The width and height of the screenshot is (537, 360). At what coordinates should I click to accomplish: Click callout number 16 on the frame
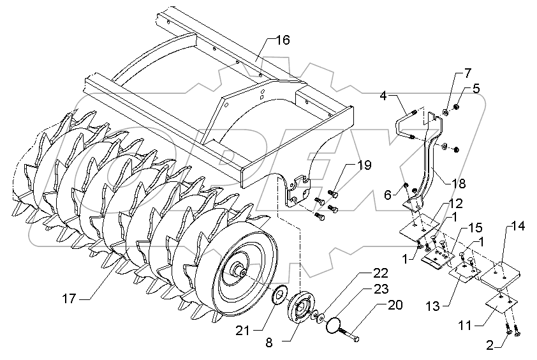pos(283,40)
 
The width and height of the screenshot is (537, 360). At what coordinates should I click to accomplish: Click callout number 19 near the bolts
pos(363,166)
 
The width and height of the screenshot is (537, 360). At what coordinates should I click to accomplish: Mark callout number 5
pos(476,89)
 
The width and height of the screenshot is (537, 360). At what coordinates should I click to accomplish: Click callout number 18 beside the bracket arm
pos(458,184)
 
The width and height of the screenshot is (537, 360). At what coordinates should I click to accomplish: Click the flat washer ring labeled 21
pos(279,297)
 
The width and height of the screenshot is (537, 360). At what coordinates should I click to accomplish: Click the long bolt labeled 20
pos(349,334)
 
